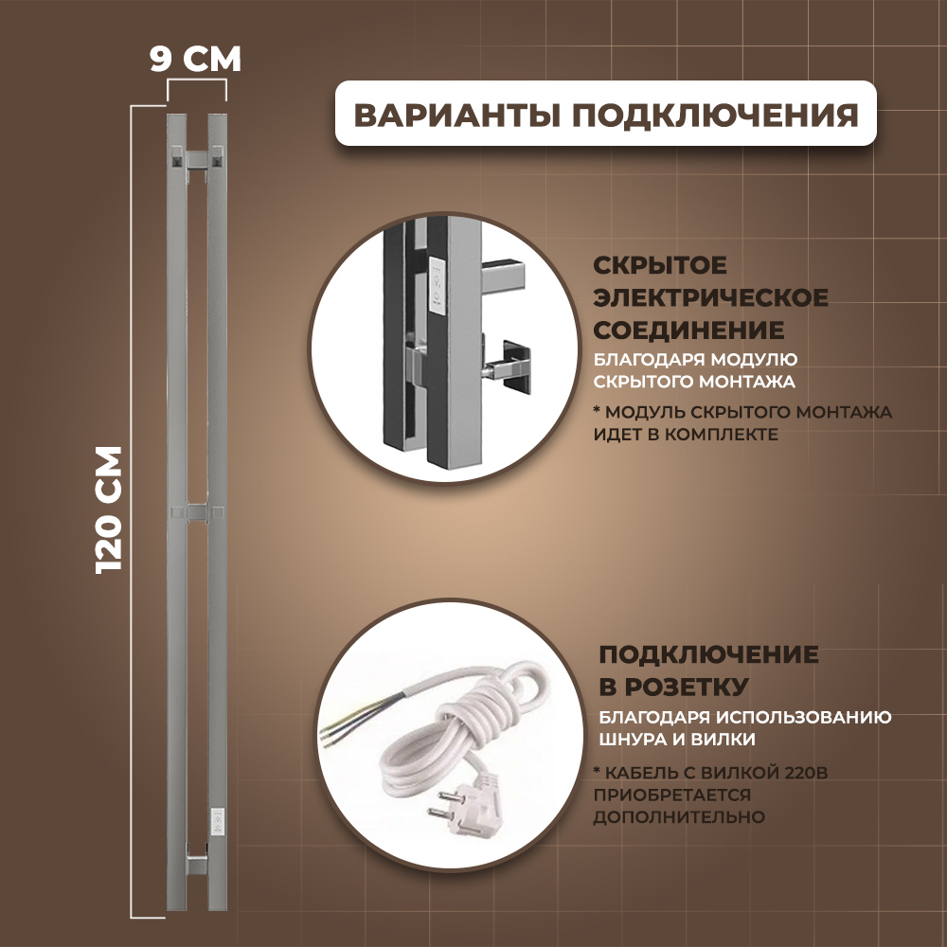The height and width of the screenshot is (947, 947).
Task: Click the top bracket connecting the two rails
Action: pyautogui.click(x=197, y=159)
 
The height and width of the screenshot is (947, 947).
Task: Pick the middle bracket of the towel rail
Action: pyautogui.click(x=197, y=512)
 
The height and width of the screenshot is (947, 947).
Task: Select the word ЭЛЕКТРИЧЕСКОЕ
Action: pyautogui.click(x=710, y=297)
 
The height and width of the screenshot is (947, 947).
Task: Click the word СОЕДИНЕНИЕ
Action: pyautogui.click(x=688, y=330)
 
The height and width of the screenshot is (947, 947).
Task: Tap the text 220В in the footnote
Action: pyautogui.click(x=800, y=772)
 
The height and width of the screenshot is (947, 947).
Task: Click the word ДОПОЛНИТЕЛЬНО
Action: pyautogui.click(x=679, y=815)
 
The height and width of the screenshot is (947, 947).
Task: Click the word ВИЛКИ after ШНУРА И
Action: pyautogui.click(x=730, y=739)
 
